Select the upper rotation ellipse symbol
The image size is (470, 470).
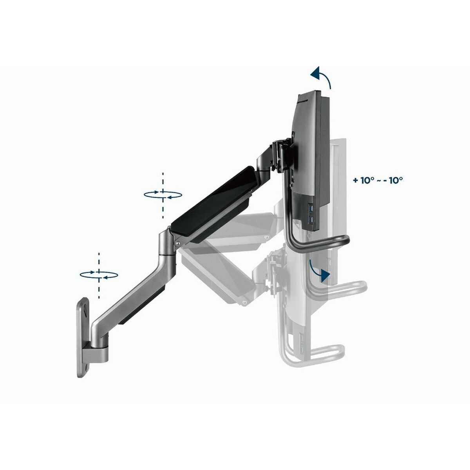tap(163, 194)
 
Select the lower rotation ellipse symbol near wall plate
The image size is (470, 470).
tap(99, 275)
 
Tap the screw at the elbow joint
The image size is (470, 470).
tap(179, 243)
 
